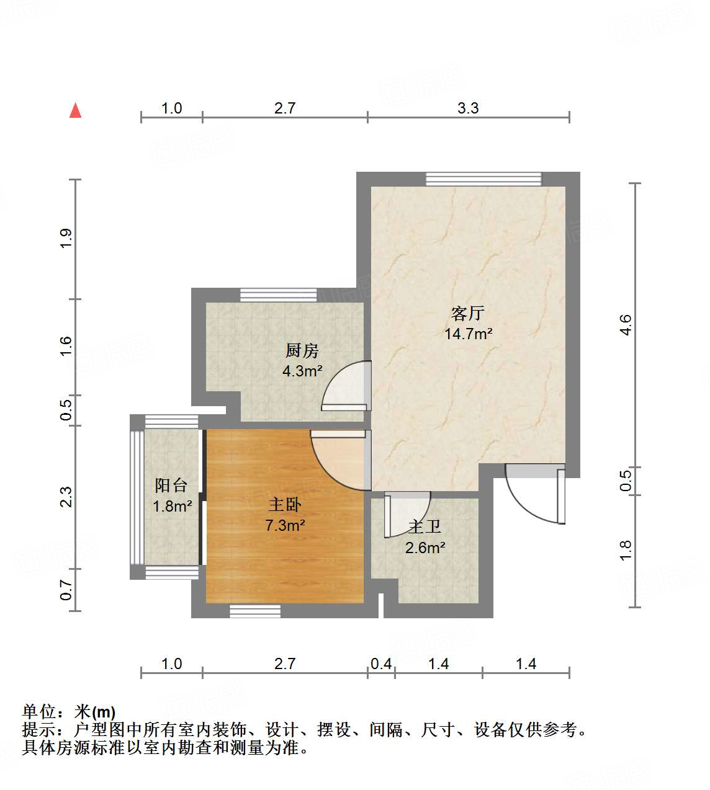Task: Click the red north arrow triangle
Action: [76, 111]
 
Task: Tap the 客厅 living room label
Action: [468, 313]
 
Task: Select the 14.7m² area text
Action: [468, 334]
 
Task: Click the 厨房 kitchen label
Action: [302, 351]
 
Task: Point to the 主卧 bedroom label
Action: [285, 505]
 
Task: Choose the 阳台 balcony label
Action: [171, 486]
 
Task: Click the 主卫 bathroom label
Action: [425, 527]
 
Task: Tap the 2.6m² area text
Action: [425, 548]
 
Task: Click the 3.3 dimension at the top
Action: [468, 108]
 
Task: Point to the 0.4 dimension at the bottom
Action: [381, 664]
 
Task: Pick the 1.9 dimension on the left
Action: [66, 239]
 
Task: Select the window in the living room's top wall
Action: [483, 179]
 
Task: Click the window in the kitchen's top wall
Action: [279, 295]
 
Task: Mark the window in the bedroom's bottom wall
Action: [255, 611]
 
